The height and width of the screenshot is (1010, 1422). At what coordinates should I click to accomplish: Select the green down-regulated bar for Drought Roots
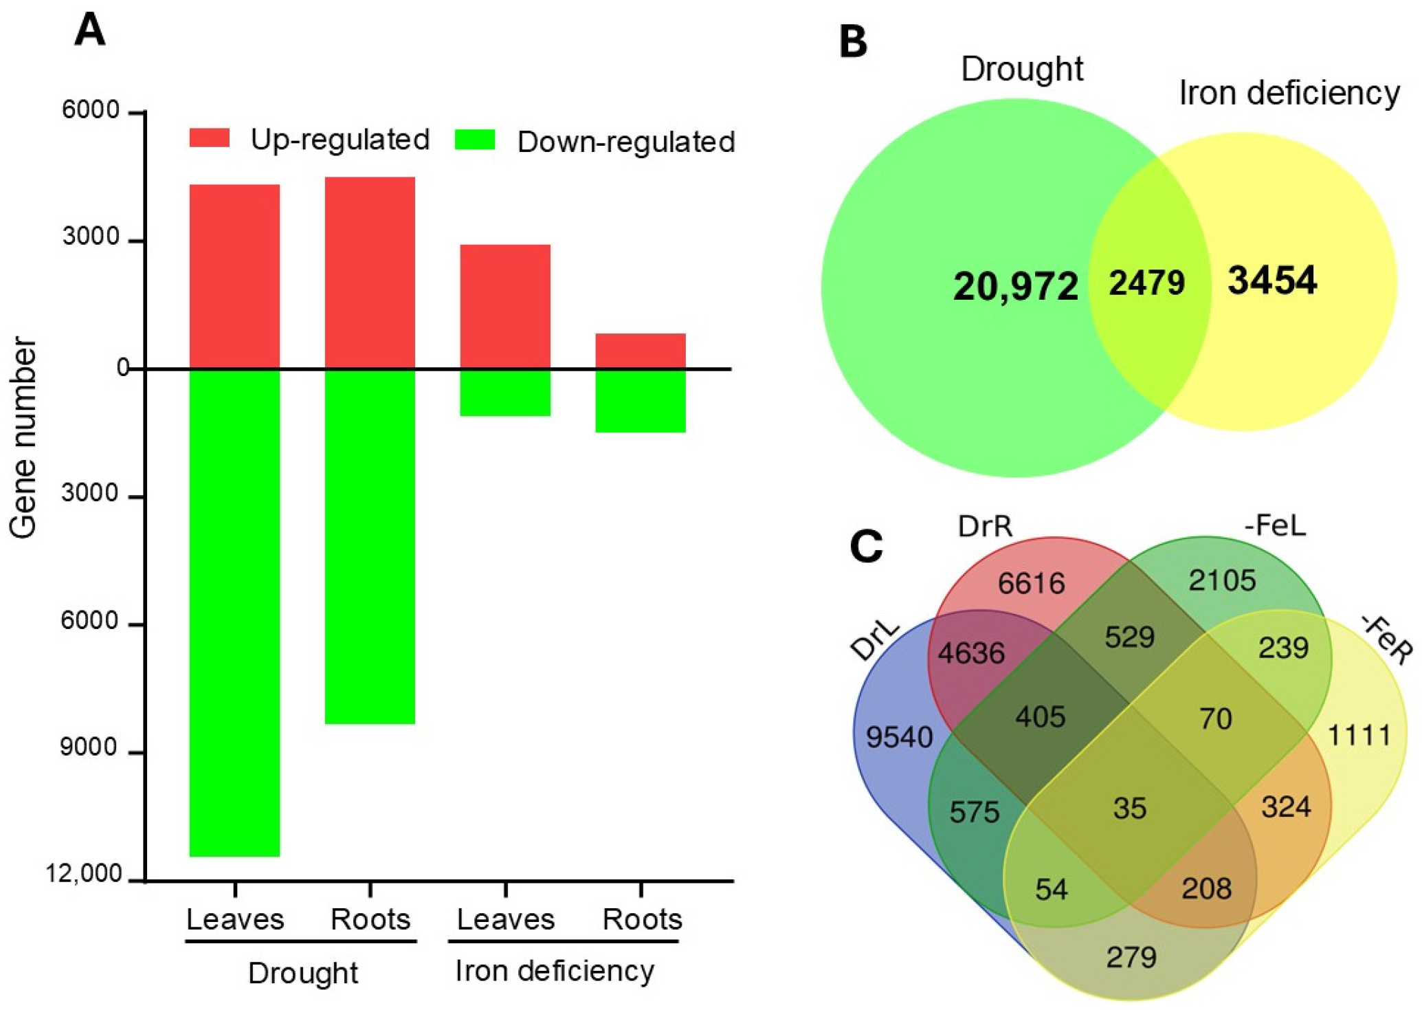coord(370,546)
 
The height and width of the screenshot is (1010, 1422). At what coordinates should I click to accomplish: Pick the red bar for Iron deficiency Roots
coord(640,351)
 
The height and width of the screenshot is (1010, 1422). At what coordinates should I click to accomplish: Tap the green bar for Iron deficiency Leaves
coord(505,393)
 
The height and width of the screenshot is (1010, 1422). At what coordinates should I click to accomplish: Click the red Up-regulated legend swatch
coord(210,138)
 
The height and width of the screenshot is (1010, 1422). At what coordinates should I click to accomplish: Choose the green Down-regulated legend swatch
coord(475,140)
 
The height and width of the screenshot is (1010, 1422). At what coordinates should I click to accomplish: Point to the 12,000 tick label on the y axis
coord(84,874)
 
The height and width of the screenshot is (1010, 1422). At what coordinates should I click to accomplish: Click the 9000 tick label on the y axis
coord(89,747)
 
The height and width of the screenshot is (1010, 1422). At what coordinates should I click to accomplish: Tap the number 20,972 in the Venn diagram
coord(1015,286)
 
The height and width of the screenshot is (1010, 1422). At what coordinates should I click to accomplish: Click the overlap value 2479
coord(1146,283)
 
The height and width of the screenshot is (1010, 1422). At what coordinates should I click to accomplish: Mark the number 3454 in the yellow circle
coord(1272,281)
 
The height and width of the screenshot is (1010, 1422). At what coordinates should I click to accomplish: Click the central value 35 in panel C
coord(1129,809)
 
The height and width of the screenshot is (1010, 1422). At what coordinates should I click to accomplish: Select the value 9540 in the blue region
coord(899,737)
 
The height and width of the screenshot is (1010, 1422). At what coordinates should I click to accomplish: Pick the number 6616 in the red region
coord(1032,583)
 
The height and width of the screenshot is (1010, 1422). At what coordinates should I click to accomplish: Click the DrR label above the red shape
coord(985,526)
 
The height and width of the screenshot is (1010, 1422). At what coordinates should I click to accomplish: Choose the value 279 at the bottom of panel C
coord(1131,957)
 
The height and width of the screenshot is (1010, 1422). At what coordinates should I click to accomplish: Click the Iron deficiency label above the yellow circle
coord(1289,93)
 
